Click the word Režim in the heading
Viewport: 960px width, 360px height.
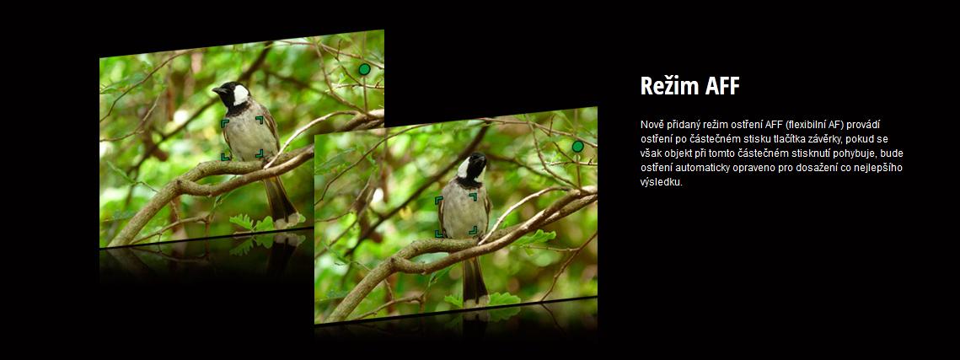669,86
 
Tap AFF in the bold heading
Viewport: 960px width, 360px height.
722,86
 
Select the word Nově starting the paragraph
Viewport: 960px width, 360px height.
651,124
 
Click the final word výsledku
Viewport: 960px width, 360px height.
662,182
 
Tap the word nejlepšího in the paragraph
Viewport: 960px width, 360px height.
882,168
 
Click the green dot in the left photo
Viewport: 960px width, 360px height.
364,69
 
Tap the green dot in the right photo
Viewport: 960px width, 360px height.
578,147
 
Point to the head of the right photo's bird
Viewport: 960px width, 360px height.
472,167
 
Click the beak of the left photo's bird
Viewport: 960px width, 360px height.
216,90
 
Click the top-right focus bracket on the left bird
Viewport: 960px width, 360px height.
260,120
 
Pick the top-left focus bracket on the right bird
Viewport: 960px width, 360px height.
438,200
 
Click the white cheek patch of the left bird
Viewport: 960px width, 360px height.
240,95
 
